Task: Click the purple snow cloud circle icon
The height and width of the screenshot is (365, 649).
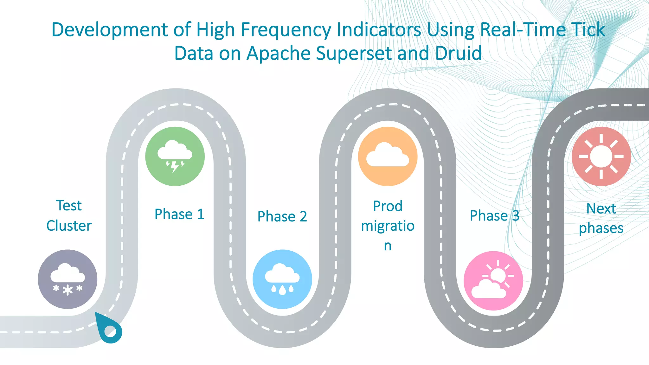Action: click(x=67, y=279)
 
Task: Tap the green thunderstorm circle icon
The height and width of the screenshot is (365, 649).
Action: click(x=175, y=156)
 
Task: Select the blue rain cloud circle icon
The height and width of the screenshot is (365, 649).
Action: click(x=282, y=279)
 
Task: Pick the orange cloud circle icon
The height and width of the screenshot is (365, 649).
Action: click(x=388, y=156)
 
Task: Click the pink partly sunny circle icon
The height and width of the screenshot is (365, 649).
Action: click(x=493, y=281)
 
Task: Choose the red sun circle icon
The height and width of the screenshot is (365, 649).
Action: click(x=601, y=156)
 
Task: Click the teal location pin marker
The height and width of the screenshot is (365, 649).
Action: click(x=109, y=330)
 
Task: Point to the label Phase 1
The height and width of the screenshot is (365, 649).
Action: click(x=179, y=214)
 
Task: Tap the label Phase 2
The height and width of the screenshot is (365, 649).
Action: click(x=282, y=216)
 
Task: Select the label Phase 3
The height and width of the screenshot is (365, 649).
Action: click(x=494, y=216)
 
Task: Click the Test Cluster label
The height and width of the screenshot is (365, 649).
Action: click(x=69, y=215)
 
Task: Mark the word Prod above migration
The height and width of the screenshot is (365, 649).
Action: click(x=388, y=206)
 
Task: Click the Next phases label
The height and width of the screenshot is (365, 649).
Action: click(x=601, y=218)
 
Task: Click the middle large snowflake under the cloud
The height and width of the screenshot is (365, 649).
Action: click(x=67, y=290)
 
